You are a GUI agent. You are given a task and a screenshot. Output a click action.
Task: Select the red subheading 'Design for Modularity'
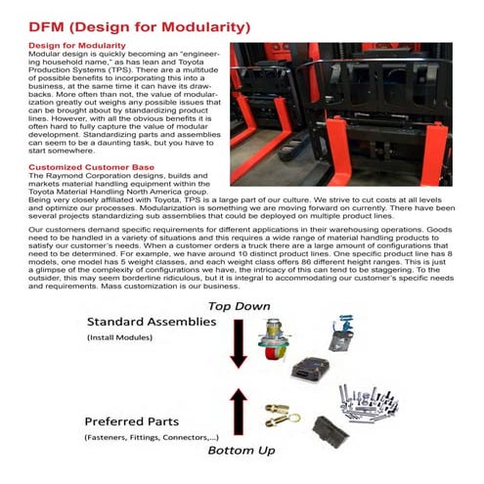click(x=76, y=46)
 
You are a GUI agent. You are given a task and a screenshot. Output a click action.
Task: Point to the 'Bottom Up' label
click(x=242, y=452)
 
